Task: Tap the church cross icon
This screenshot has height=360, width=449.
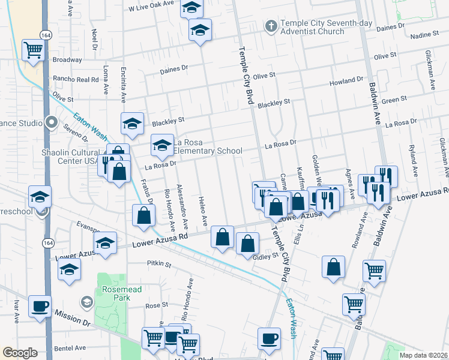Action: click(x=271, y=26)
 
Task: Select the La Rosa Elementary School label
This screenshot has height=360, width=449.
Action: click(x=208, y=146)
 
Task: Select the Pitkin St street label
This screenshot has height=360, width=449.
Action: click(x=159, y=263)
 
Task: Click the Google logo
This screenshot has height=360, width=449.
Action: click(x=20, y=353)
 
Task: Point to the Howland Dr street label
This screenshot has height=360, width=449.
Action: click(x=346, y=80)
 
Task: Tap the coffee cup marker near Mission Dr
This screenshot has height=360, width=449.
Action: click(x=40, y=306)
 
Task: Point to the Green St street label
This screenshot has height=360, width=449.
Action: click(x=394, y=100)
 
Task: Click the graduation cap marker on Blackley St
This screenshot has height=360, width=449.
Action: click(x=132, y=124)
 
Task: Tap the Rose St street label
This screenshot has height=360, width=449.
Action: click(x=155, y=305)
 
